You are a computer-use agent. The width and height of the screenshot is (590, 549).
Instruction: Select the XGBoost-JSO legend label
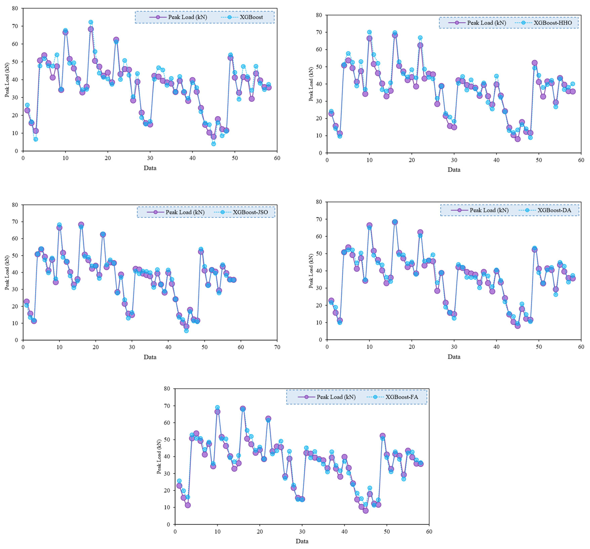click(x=250, y=212)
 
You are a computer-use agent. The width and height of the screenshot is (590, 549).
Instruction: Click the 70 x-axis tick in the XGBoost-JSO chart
click(x=277, y=347)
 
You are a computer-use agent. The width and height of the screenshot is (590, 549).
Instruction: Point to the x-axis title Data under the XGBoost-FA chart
click(x=302, y=541)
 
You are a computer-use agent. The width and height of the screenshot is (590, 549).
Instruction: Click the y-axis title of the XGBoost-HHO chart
click(x=311, y=84)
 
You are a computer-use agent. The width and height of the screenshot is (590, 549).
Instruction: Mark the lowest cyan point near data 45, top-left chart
click(x=213, y=144)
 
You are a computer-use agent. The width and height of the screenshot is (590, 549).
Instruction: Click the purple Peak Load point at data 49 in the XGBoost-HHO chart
click(x=534, y=63)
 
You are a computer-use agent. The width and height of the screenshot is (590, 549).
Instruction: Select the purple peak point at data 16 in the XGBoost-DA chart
click(x=395, y=222)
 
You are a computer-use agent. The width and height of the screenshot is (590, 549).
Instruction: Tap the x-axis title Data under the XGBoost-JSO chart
click(x=150, y=357)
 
